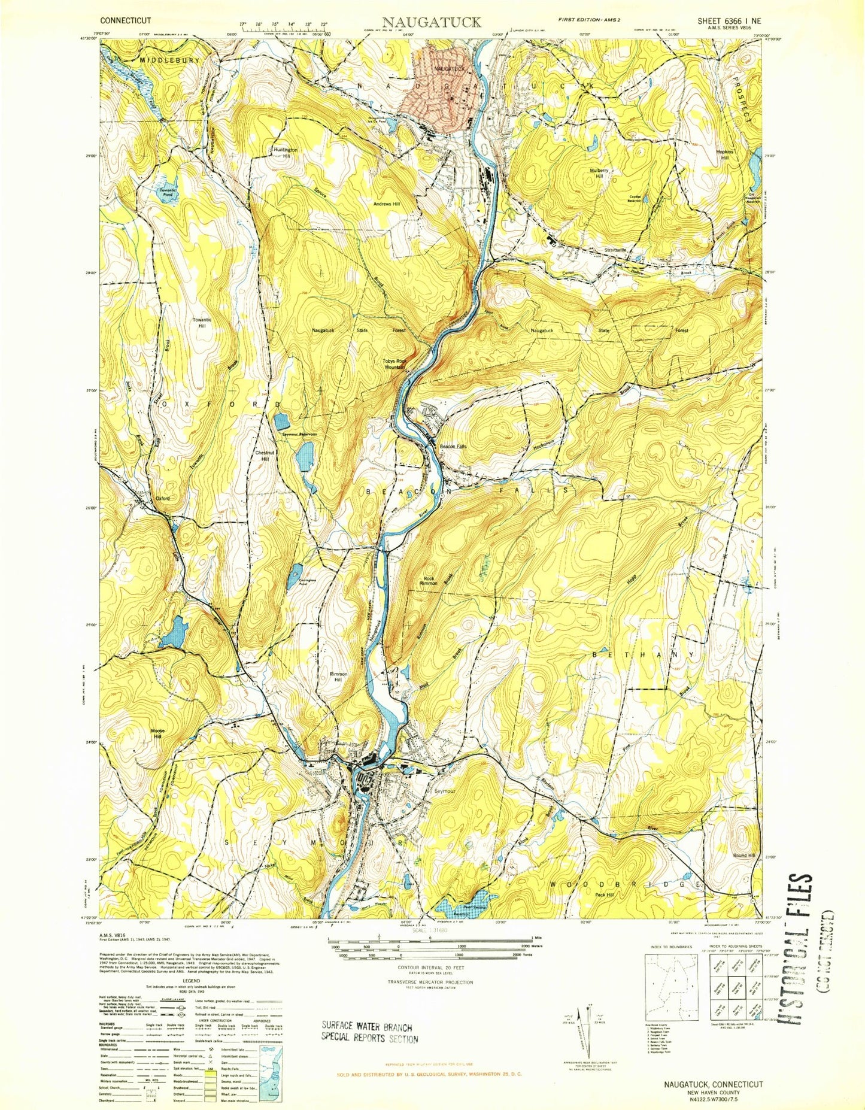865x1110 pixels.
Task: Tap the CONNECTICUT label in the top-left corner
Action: (126, 20)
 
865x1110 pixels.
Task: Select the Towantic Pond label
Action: (168, 192)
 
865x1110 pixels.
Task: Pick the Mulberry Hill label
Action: (600, 173)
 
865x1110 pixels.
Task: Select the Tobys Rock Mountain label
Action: (394, 363)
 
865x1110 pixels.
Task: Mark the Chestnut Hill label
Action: (265, 456)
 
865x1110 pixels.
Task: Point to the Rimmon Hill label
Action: (339, 677)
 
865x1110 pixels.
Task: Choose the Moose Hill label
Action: (157, 734)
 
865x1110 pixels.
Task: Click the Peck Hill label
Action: (604, 894)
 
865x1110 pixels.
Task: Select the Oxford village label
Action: (163, 498)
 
